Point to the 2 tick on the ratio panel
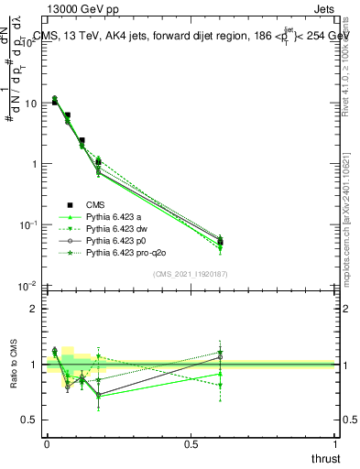point(34,309)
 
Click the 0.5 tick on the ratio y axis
point(29,420)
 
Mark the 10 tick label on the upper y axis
point(31,104)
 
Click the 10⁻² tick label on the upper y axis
point(27,286)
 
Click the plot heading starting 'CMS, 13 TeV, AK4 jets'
point(191,36)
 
